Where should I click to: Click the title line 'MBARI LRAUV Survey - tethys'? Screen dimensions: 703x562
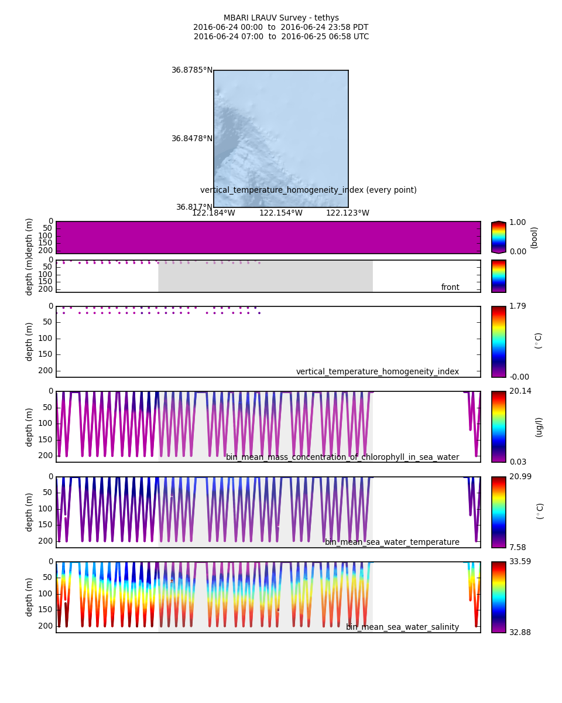click(281, 18)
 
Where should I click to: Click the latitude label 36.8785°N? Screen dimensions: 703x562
click(191, 70)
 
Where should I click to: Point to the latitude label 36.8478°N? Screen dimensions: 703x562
click(191, 139)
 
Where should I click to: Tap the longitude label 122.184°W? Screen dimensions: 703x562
click(213, 213)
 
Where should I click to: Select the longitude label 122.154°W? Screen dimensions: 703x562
click(280, 213)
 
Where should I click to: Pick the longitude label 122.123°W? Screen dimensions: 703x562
click(347, 213)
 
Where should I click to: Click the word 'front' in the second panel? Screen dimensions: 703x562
click(450, 288)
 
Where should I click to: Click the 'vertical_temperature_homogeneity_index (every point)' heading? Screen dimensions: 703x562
click(309, 190)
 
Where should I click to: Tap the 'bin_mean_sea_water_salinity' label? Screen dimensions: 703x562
click(402, 627)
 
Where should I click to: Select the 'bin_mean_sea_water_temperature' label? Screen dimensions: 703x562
click(392, 542)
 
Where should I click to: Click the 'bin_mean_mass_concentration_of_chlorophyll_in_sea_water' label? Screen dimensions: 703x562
click(342, 458)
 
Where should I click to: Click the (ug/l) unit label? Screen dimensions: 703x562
click(539, 427)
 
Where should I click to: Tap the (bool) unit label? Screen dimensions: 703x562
click(534, 237)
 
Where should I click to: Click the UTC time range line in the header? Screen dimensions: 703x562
click(281, 37)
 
